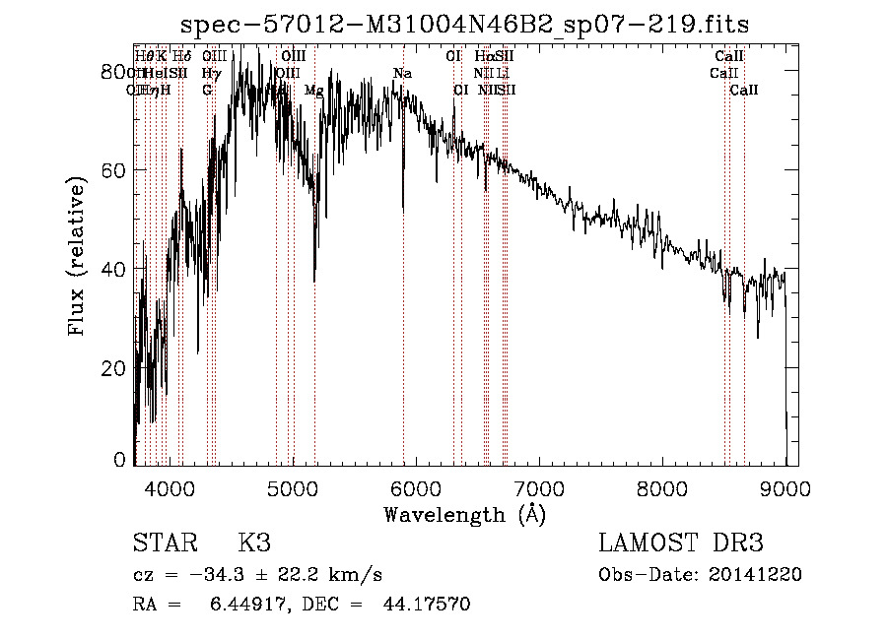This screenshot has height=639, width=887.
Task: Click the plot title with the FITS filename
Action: tap(472, 24)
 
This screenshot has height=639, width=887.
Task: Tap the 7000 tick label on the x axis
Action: tap(539, 486)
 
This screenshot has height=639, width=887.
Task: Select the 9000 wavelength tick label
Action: tap(785, 486)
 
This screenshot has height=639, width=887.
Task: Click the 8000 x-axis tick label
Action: tap(662, 486)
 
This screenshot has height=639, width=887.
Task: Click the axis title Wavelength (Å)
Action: tap(464, 514)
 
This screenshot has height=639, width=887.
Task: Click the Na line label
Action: tap(402, 74)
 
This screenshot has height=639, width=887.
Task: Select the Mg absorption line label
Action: tap(313, 90)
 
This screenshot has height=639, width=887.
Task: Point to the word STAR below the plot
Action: tap(164, 543)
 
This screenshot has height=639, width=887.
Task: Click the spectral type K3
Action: tap(253, 543)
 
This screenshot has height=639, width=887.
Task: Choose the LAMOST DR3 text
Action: tap(681, 543)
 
